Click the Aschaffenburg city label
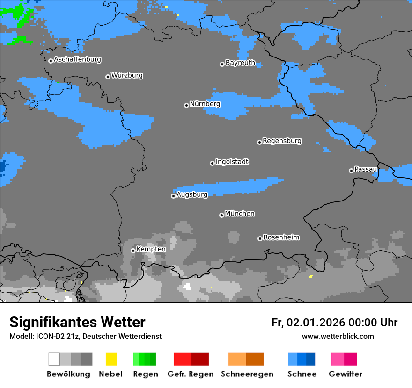77,59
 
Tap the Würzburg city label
127,75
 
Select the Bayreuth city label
240,63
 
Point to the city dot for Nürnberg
186,105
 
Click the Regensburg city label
282,141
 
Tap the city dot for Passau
351,171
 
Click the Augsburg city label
191,194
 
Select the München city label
240,214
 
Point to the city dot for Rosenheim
260,238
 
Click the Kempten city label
151,249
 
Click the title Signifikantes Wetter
77,322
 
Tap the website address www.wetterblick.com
338,336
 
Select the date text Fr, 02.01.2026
308,323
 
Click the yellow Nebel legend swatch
111,359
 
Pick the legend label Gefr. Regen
191,374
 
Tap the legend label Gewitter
345,374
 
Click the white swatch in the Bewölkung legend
54,359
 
